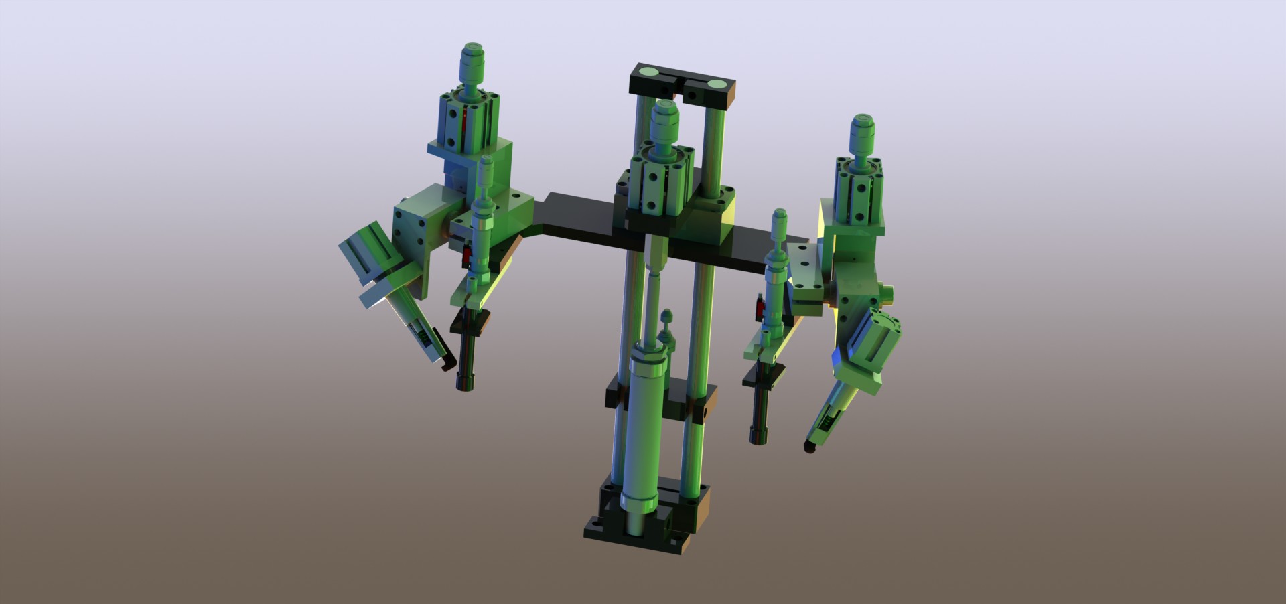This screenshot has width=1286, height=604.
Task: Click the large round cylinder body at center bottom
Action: pos(643,429)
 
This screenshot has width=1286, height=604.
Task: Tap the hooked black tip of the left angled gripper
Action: pos(444,362)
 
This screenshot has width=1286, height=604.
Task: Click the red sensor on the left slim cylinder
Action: pos(469,254)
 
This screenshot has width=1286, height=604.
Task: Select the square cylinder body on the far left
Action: pos(469,121)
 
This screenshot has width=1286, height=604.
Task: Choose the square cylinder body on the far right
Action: pos(861,194)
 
